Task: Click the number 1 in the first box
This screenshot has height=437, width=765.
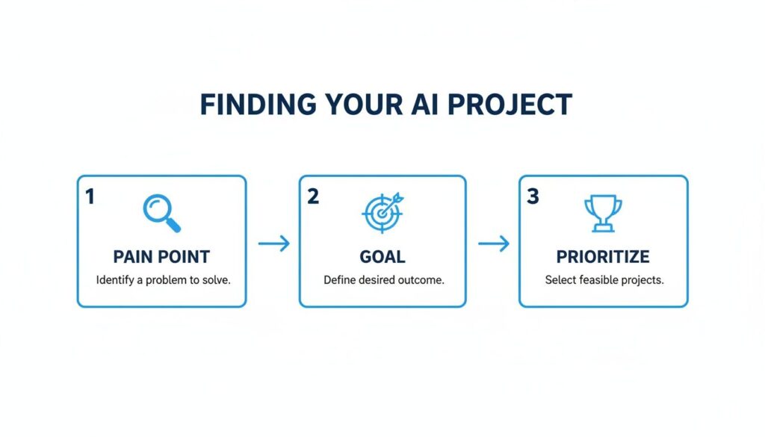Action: [x=90, y=197]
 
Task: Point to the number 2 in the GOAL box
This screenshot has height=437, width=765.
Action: [x=313, y=197]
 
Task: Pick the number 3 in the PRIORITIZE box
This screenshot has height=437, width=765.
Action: [x=533, y=197]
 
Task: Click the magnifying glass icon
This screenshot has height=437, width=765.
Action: [x=161, y=212]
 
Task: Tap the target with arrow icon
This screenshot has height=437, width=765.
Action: [x=383, y=212]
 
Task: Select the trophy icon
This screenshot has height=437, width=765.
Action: [x=603, y=212]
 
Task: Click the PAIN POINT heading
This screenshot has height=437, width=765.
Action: [x=161, y=257]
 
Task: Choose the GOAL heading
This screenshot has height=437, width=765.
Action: [x=382, y=257]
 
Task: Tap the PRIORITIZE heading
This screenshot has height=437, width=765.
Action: [x=603, y=257]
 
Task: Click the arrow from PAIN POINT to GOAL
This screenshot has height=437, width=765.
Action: [x=273, y=243]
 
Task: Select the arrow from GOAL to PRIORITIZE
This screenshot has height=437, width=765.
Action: [x=493, y=243]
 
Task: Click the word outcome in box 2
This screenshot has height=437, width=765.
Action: [x=422, y=281]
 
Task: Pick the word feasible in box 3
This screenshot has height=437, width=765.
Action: [x=597, y=281]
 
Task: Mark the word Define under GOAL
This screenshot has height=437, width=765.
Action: [x=340, y=281]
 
